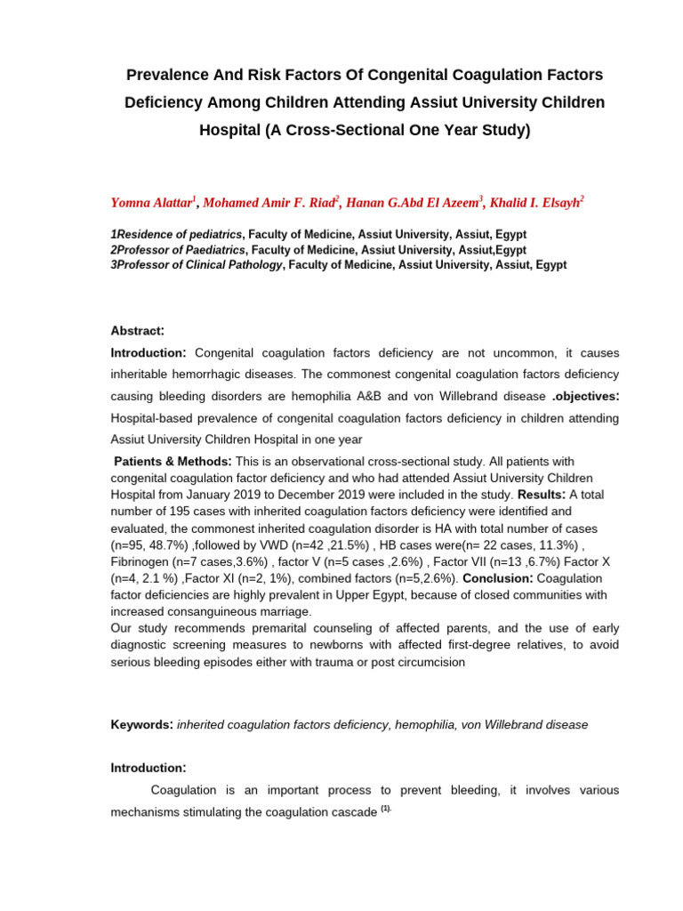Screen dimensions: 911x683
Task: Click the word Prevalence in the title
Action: pos(165,75)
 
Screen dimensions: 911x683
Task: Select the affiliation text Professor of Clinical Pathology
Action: pos(200,265)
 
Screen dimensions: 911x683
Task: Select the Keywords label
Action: pos(141,724)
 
